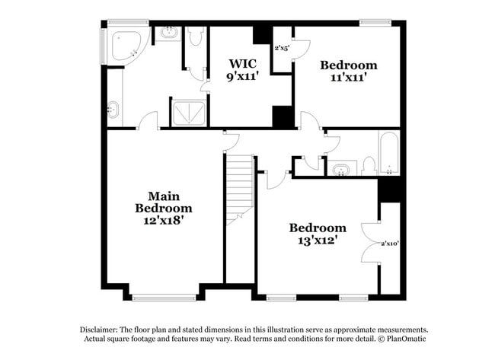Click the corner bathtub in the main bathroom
[124, 46]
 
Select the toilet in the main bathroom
[195, 37]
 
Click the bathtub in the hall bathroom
[388, 154]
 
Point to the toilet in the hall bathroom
[369, 165]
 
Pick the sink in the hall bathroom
[341, 169]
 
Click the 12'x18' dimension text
[164, 220]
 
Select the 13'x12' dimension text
[317, 241]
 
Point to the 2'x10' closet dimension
[390, 244]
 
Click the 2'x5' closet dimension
[282, 48]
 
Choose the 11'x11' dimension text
[348, 78]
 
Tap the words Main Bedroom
[164, 201]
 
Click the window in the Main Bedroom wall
[164, 298]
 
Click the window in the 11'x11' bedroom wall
[375, 22]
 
